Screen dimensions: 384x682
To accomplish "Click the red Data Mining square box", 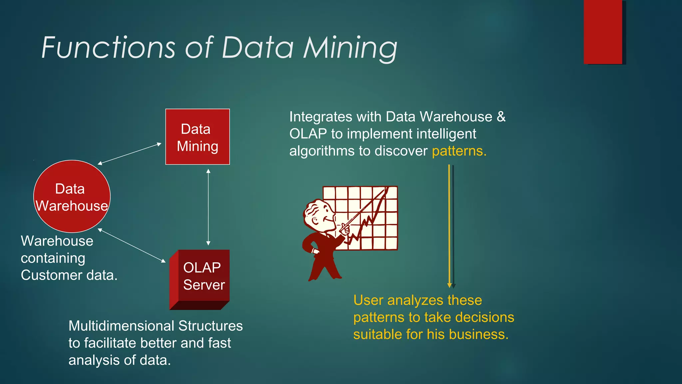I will pos(197,137).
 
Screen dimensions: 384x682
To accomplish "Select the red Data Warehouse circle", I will pos(72,197).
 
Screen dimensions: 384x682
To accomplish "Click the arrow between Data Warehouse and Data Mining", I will pos(130,154).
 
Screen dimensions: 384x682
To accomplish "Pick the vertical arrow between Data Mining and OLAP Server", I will pos(208,207).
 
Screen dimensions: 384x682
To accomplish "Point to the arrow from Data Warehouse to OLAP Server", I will pos(132,245).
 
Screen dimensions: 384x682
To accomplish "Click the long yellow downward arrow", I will pos(449,227).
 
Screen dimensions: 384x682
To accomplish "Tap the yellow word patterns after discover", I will pos(459,151).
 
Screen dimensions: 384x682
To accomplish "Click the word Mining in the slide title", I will pos(350,48).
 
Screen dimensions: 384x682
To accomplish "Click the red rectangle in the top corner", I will pos(603,32).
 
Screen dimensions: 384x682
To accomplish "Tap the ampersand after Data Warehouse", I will pos(501,117).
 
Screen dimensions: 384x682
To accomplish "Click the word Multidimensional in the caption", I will pos(121,326).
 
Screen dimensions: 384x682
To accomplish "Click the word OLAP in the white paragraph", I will pos(308,134).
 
